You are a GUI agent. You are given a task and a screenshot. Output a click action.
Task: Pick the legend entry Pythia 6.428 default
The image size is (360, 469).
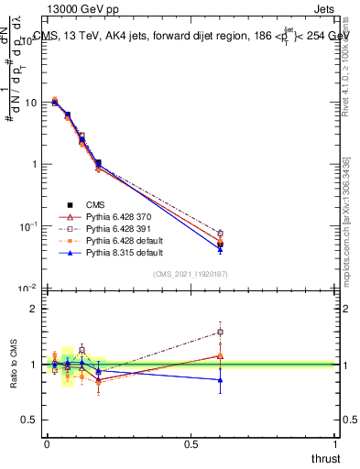pyautogui.click(x=117, y=240)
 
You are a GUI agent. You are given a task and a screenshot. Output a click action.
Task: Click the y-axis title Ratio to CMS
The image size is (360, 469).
pyautogui.click(x=14, y=364)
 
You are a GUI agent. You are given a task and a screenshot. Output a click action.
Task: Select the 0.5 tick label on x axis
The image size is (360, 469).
pyautogui.click(x=191, y=443)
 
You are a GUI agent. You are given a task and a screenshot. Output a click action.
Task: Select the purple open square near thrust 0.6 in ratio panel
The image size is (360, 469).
pyautogui.click(x=220, y=333)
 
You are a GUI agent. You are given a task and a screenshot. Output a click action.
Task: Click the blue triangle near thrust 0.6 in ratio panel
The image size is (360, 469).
pyautogui.click(x=220, y=379)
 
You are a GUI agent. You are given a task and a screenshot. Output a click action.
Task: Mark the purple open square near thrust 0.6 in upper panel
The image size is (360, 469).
pyautogui.click(x=220, y=234)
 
